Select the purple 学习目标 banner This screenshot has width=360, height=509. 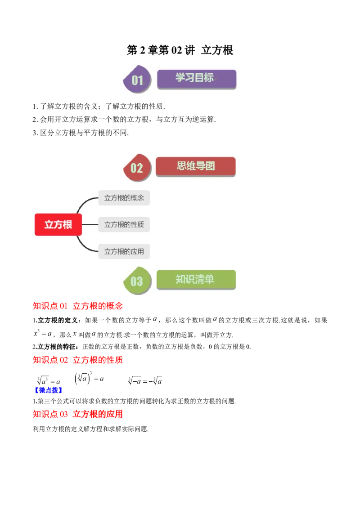(x=196, y=78)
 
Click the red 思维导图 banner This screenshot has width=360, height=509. (x=195, y=166)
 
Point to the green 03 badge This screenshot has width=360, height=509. (x=137, y=281)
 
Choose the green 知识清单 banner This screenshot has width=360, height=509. (x=196, y=279)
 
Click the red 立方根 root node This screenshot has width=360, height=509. (x=58, y=224)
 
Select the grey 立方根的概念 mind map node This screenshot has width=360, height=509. (x=124, y=197)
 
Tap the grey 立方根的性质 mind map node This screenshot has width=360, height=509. (x=124, y=224)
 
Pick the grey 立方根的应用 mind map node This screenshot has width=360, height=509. (x=124, y=251)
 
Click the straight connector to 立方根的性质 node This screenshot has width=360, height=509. (x=90, y=224)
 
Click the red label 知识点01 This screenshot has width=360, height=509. (x=50, y=306)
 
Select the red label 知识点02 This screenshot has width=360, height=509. (x=50, y=360)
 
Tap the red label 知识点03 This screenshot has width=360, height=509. (x=50, y=414)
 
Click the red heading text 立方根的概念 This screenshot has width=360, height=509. (x=99, y=306)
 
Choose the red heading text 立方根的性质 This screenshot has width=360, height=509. (x=99, y=360)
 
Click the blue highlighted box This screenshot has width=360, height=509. (x=48, y=390)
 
